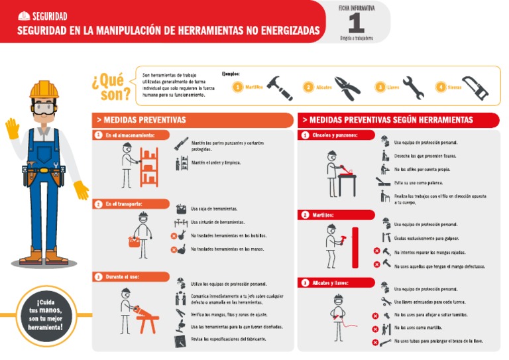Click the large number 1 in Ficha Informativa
click(x=357, y=23)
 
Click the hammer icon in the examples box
click(x=280, y=88)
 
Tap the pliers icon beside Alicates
click(x=347, y=87)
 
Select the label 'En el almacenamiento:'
click(x=130, y=135)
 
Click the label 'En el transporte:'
click(x=124, y=204)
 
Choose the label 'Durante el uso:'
click(x=121, y=276)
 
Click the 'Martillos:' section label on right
click(x=323, y=215)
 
